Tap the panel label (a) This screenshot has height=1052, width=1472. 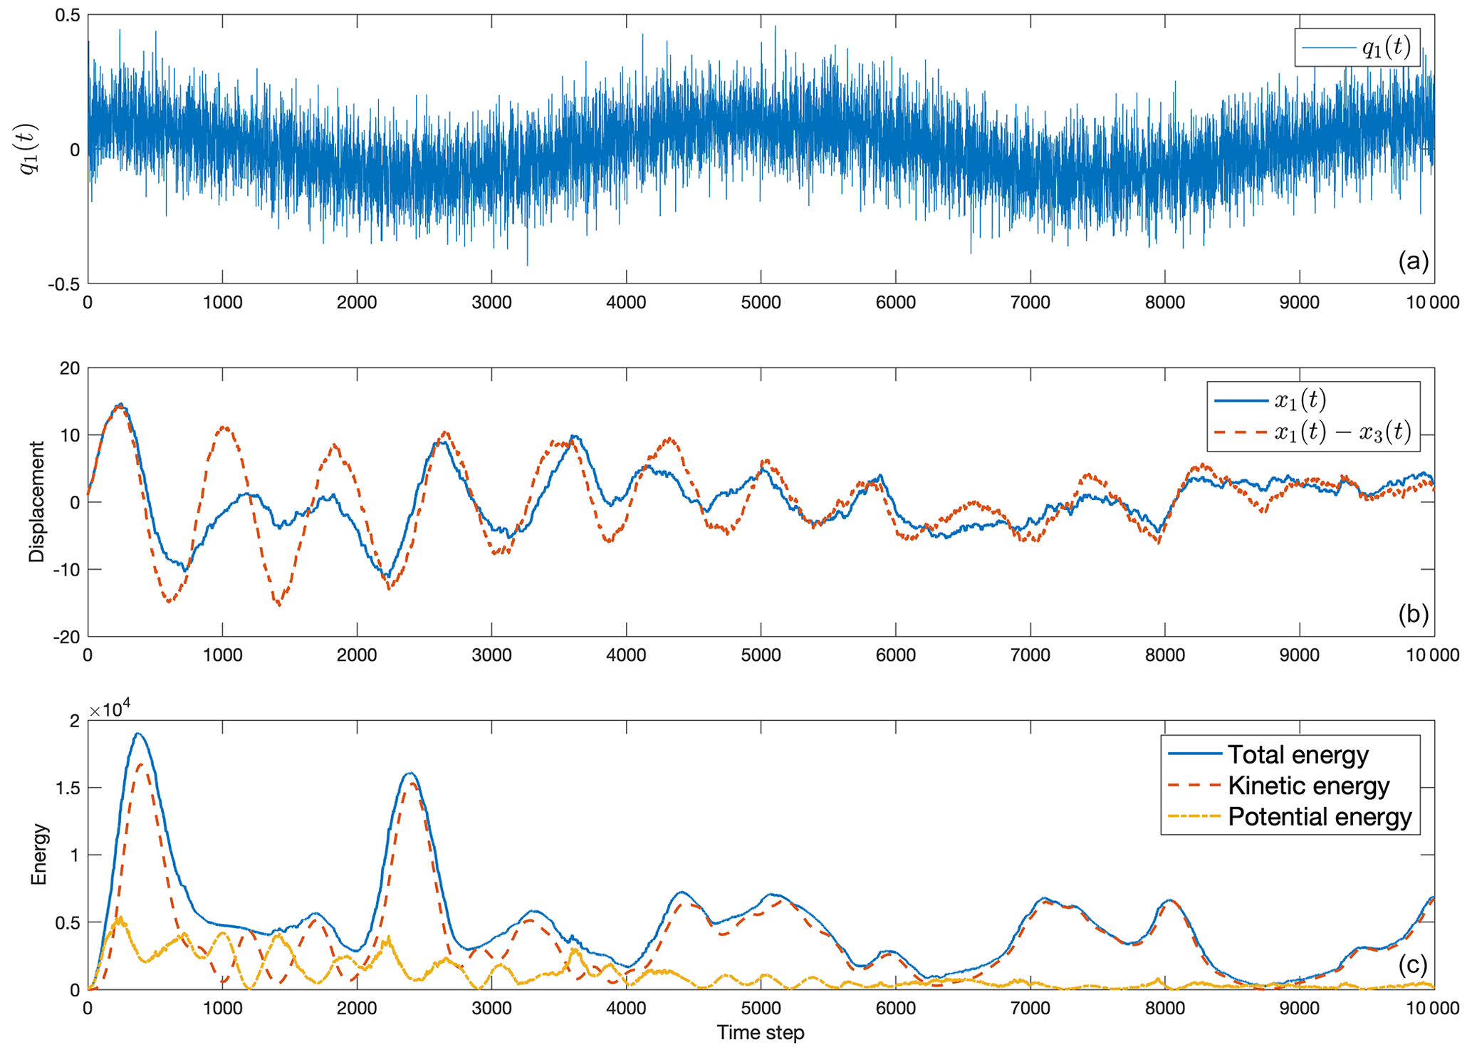[x=1413, y=261]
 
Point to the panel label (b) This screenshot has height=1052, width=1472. [x=1413, y=614]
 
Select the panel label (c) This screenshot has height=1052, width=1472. [x=1413, y=964]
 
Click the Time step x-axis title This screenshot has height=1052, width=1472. [x=760, y=1033]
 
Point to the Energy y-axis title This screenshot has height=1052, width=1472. [x=38, y=855]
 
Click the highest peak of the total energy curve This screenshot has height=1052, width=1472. [x=138, y=734]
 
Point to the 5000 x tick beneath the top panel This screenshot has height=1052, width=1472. [x=761, y=303]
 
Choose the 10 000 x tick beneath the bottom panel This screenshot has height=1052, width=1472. [x=1432, y=1009]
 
